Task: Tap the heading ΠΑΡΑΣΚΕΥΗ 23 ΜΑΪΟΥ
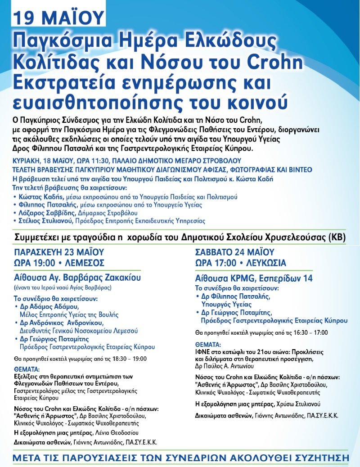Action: pos(59,252)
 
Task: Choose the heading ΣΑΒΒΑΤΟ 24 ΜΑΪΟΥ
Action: pos(234,252)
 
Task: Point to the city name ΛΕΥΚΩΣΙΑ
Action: pos(267,263)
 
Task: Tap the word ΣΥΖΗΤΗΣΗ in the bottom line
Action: pos(315,458)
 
